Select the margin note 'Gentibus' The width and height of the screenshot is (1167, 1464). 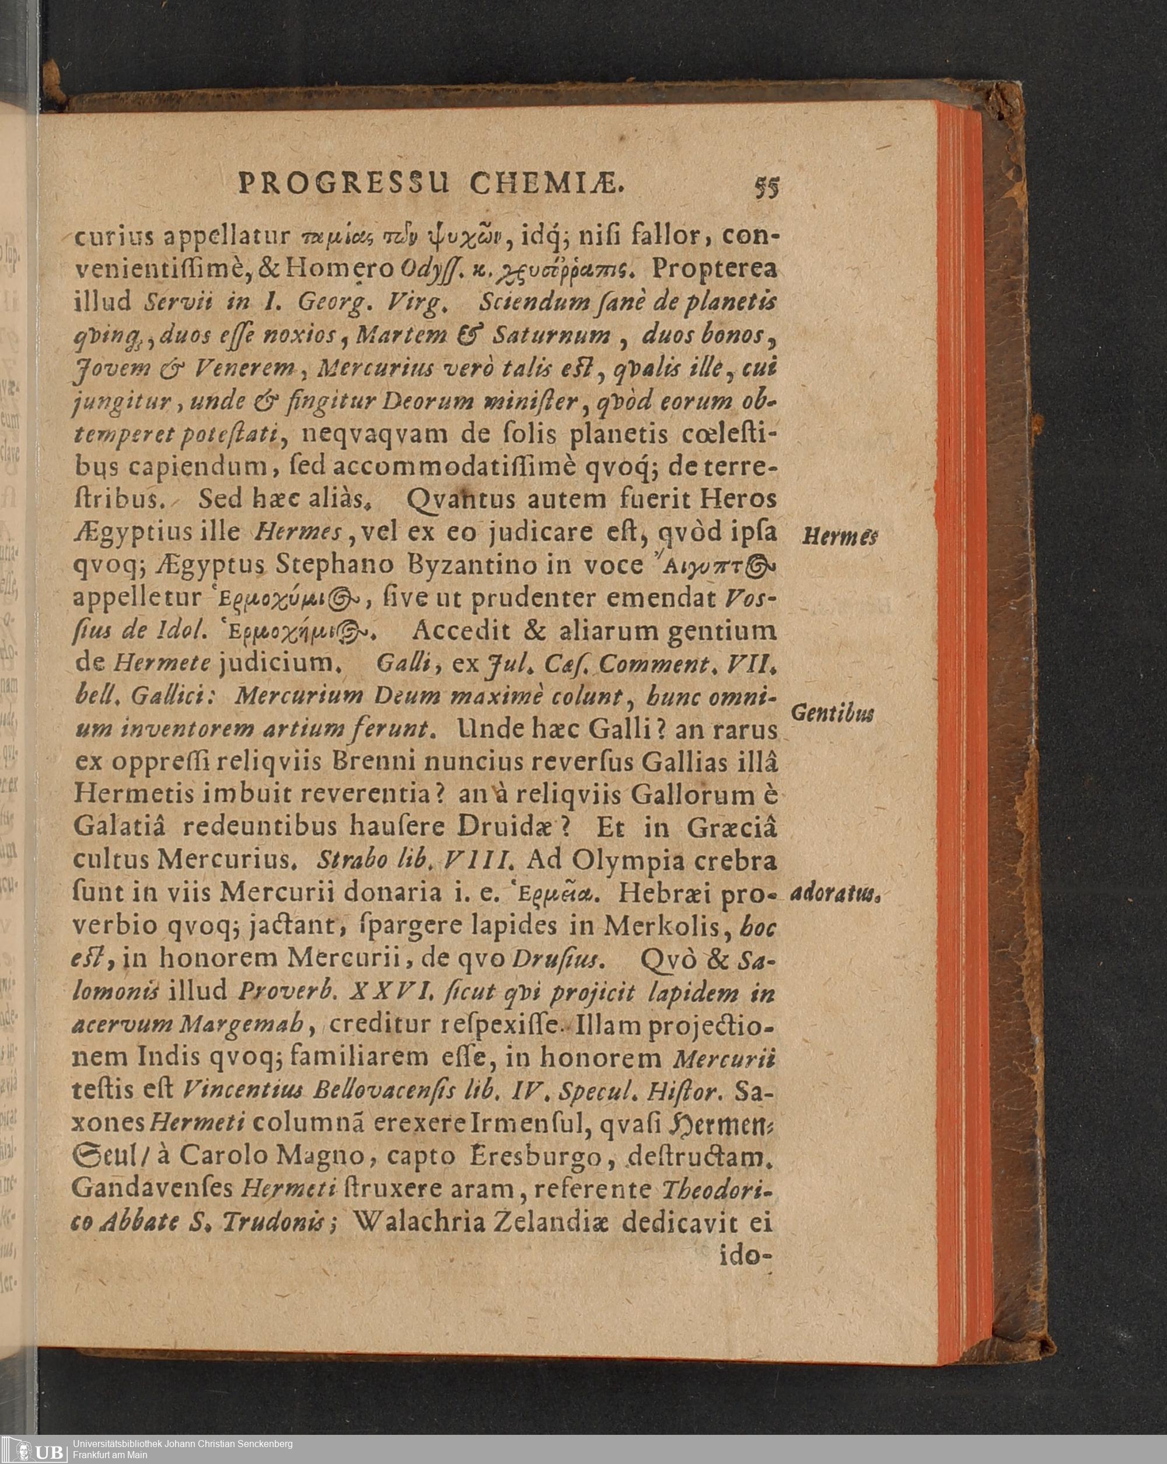click(x=833, y=714)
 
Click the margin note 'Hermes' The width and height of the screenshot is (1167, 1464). click(x=840, y=536)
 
